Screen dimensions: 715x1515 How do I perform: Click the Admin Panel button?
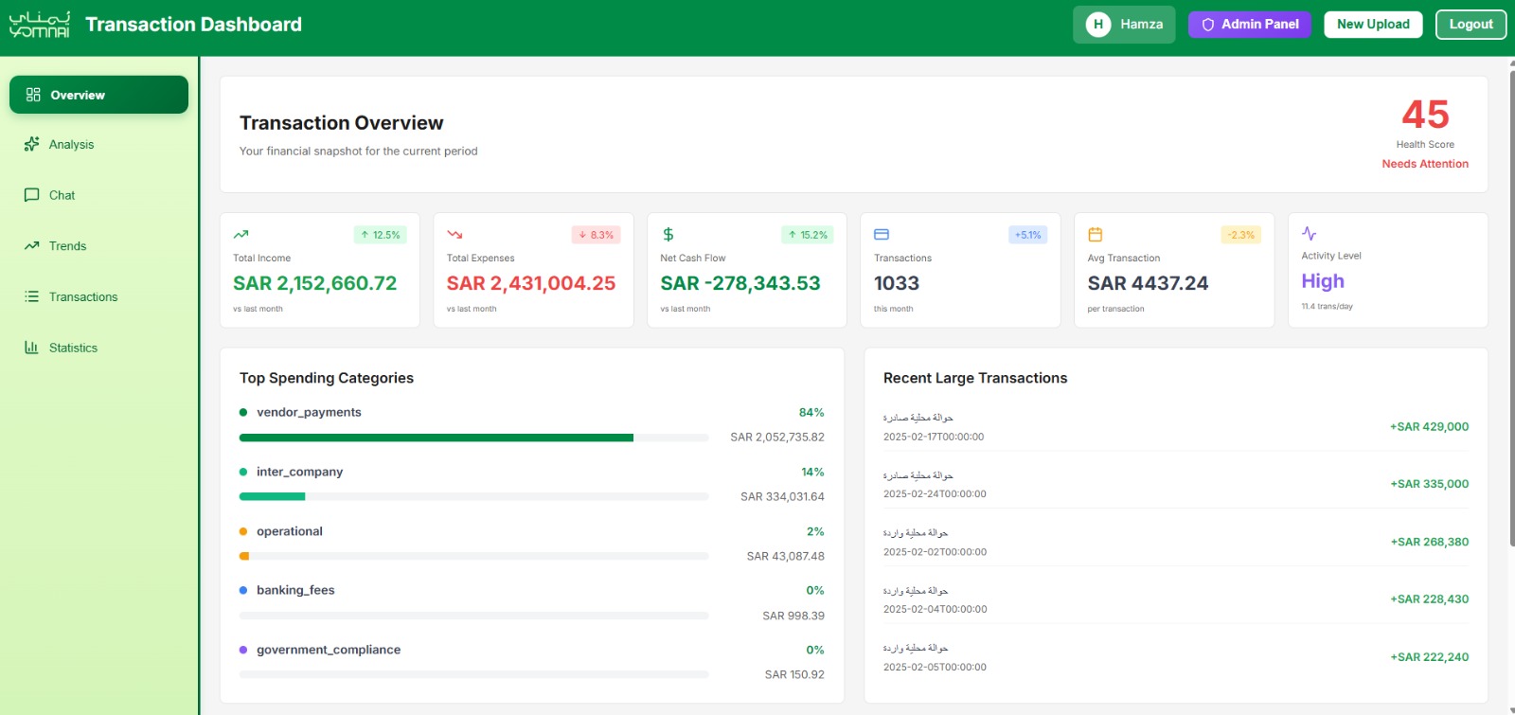coord(1249,25)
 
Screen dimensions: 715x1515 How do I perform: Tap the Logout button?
coord(1470,25)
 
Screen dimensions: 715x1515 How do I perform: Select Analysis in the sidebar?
coord(71,145)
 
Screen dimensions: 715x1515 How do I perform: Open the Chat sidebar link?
coord(62,195)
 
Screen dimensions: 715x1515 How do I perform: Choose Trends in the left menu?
coord(67,246)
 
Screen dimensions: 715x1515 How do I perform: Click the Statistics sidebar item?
coord(73,348)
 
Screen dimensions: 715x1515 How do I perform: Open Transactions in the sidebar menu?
coord(83,297)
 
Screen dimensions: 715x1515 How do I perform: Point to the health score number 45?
coord(1425,116)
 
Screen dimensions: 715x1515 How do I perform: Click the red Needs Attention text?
coord(1425,164)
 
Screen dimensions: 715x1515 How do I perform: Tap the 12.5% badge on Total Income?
coord(381,235)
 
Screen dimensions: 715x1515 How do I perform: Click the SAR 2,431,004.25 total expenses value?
coord(531,283)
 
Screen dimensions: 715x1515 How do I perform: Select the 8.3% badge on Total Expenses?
coord(596,235)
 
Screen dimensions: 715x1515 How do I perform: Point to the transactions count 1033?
coord(897,283)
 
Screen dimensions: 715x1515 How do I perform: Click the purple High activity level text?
coord(1323,281)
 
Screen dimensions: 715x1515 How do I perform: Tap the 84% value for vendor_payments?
coord(811,412)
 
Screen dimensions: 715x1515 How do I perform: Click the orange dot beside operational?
coord(243,531)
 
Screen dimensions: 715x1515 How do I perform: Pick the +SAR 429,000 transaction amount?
coord(1429,427)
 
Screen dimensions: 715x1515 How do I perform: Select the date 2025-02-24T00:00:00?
coord(935,494)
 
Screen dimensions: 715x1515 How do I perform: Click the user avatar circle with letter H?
coord(1097,25)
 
